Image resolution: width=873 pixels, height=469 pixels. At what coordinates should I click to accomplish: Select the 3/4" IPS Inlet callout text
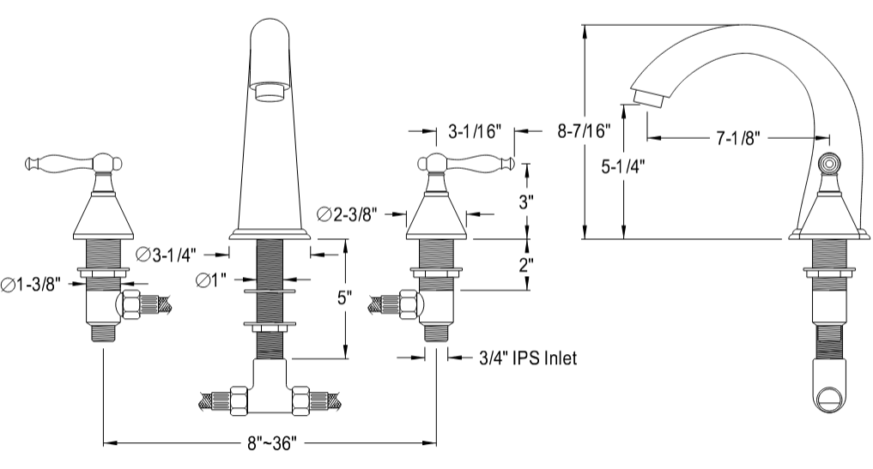pos(528,358)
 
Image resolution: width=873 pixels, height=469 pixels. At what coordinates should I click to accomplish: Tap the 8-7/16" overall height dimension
pos(584,131)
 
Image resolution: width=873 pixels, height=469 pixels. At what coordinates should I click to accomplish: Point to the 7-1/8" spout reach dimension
pos(738,138)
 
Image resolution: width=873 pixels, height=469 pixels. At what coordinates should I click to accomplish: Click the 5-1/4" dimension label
pos(623,167)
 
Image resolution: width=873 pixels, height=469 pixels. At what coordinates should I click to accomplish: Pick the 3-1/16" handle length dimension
pos(475,132)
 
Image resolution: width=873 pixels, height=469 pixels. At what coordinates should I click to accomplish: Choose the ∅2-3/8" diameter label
pos(348,214)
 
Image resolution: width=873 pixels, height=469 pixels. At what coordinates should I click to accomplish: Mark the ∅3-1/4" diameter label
pos(167,255)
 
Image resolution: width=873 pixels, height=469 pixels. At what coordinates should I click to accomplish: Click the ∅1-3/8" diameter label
pos(31,285)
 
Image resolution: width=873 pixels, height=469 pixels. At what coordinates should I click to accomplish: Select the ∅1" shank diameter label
pos(211,280)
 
